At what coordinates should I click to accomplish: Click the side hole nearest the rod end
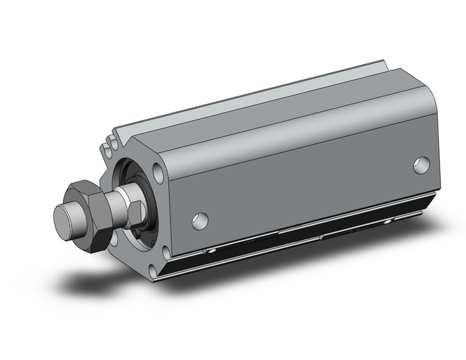click(200, 221)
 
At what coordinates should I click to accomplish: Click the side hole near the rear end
click(421, 164)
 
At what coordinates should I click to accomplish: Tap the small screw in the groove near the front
click(211, 252)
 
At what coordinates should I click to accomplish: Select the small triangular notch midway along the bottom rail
click(321, 236)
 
